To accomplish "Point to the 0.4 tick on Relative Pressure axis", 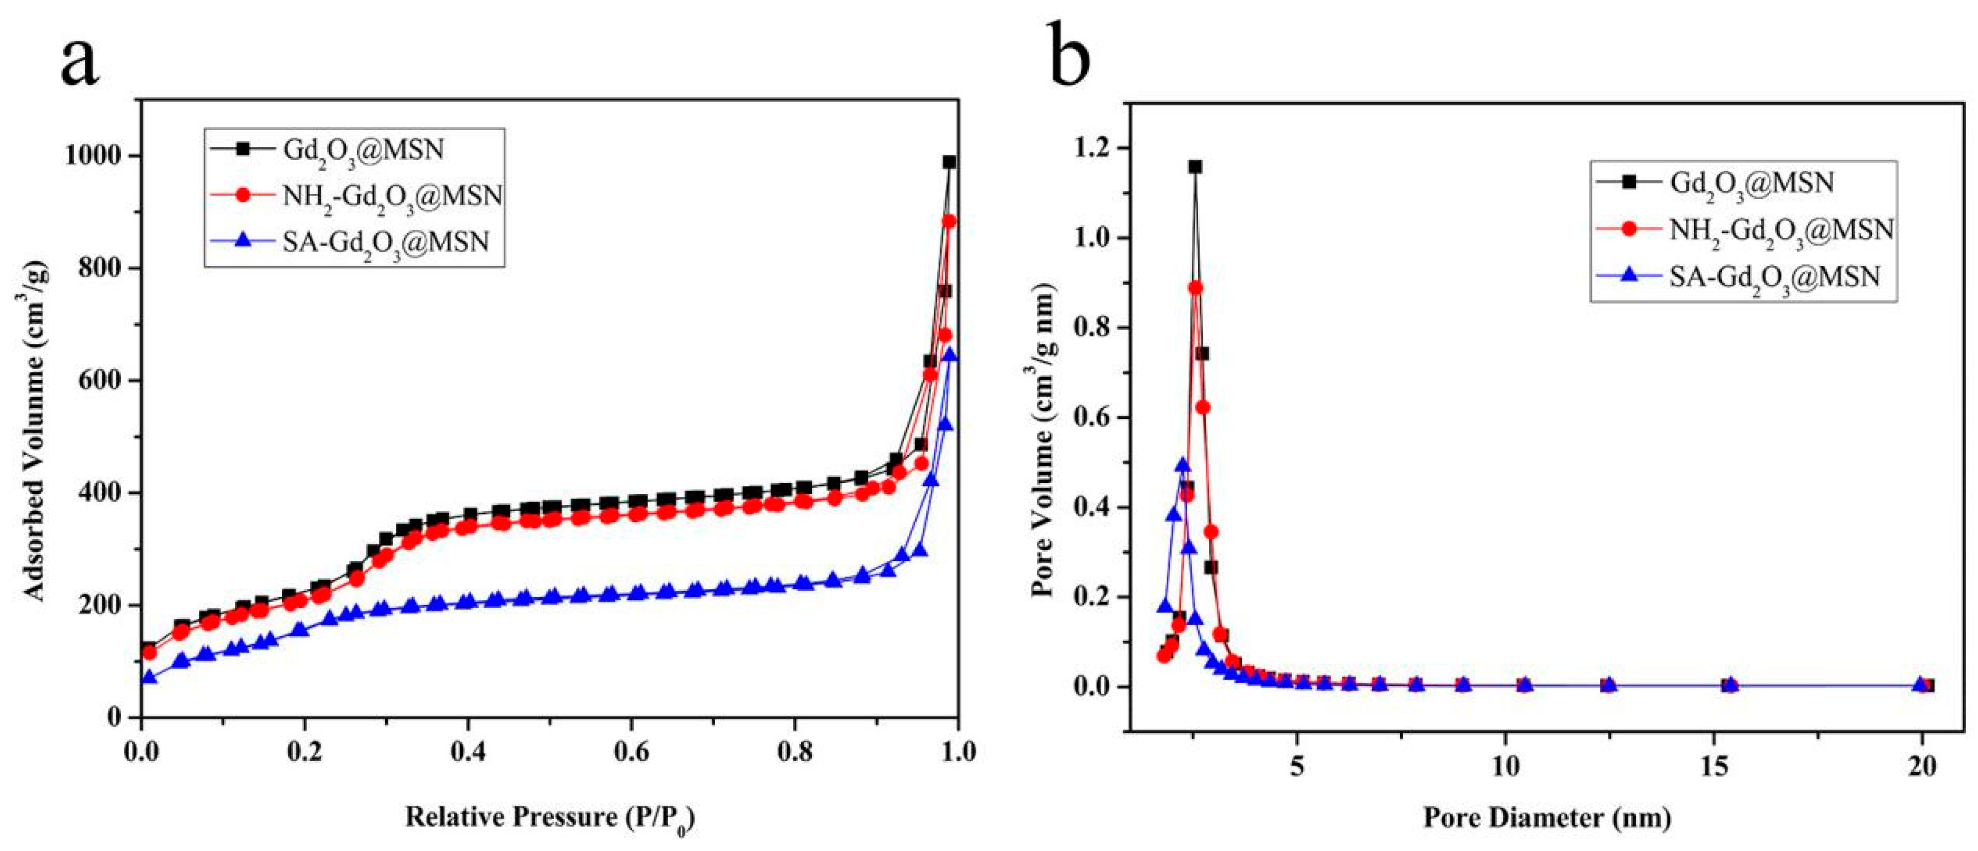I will click(x=468, y=750).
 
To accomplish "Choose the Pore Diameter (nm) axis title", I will click(x=1547, y=817).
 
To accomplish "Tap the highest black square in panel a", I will click(x=950, y=162).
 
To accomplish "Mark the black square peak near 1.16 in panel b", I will click(x=1195, y=167).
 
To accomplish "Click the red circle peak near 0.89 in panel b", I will click(x=1195, y=288).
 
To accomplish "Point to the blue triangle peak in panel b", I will click(x=1183, y=465).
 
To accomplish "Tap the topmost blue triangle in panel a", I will click(x=950, y=355).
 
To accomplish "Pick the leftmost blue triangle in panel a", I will click(x=150, y=677).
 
